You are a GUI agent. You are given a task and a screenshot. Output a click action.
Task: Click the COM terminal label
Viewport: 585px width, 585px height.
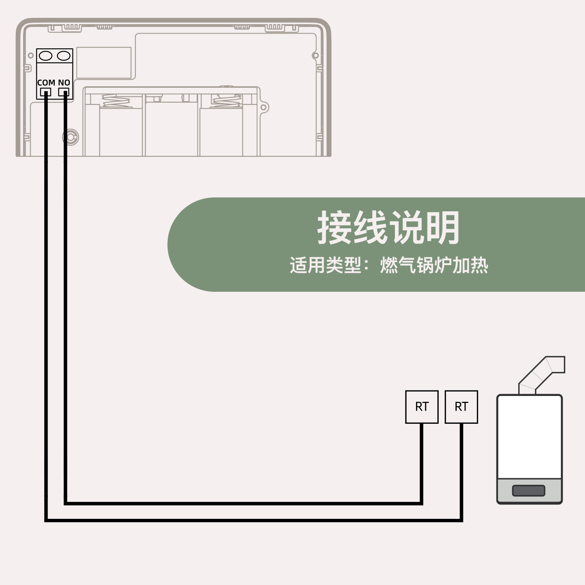(46, 83)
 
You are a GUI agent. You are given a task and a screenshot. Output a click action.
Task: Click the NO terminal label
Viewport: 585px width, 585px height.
(64, 83)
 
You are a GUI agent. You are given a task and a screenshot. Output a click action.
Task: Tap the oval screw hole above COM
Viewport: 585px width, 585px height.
(46, 56)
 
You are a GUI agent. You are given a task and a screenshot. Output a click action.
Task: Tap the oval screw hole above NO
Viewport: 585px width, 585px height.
(64, 56)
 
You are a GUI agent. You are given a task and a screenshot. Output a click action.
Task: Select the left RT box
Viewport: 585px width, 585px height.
(422, 407)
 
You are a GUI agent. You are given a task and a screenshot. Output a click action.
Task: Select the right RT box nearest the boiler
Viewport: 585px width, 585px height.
(461, 407)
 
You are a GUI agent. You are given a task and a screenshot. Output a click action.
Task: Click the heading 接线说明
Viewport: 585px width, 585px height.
(388, 228)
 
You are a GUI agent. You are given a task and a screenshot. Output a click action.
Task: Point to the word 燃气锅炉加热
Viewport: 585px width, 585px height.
(434, 265)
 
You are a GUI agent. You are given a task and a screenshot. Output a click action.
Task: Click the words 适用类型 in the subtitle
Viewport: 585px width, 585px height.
(325, 265)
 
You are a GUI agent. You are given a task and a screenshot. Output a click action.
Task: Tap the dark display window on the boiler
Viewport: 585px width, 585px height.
(529, 490)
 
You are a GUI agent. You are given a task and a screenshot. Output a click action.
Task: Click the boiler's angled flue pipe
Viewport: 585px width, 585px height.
(541, 373)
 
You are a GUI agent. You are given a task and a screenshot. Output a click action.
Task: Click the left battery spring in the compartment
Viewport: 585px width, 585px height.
(116, 101)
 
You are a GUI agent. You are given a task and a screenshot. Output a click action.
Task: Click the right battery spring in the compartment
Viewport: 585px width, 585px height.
(227, 101)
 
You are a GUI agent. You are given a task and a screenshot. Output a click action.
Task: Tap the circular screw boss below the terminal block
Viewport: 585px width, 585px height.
(71, 137)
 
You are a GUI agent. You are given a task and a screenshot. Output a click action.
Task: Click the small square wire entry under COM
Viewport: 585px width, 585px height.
(45, 92)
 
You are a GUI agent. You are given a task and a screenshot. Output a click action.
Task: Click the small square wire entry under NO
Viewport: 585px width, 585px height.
(64, 92)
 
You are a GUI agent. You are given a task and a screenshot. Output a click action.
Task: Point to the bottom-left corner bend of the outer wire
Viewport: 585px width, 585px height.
(46, 520)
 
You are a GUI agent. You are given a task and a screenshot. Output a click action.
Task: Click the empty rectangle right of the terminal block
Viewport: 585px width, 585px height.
(104, 63)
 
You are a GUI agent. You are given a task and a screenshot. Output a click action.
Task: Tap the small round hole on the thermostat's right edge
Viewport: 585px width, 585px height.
(315, 56)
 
